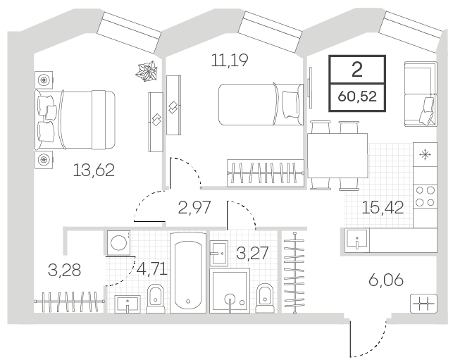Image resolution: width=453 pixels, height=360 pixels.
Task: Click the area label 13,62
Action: point(94,170)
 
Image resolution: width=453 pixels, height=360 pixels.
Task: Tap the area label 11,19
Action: point(230,61)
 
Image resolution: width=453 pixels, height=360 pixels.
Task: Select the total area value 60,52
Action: point(357,97)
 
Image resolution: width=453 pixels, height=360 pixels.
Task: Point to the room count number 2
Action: point(357,70)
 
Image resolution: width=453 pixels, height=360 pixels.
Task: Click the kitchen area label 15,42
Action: point(383,207)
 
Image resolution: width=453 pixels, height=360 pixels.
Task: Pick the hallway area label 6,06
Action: point(386,280)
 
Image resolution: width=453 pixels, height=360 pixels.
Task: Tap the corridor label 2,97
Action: point(194,207)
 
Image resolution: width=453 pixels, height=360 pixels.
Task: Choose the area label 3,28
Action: point(64,270)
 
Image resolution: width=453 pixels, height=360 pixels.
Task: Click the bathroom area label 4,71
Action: point(152,269)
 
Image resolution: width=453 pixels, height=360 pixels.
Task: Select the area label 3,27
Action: point(252,253)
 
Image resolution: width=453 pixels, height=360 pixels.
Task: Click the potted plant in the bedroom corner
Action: point(147,71)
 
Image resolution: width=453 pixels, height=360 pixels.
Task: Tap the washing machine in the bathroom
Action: point(118,242)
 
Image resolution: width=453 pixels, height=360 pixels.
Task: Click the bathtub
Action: point(188,273)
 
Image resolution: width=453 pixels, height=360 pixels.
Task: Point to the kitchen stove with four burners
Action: point(425,196)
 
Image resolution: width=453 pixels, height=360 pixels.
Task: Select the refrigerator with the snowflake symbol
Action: point(425,154)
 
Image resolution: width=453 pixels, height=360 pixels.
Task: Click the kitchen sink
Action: point(357,240)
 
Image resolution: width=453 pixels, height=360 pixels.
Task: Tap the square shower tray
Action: point(230,291)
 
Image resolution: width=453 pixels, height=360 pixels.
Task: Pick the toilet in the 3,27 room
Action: point(265,298)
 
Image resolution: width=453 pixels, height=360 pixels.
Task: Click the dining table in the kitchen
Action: point(337,156)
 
